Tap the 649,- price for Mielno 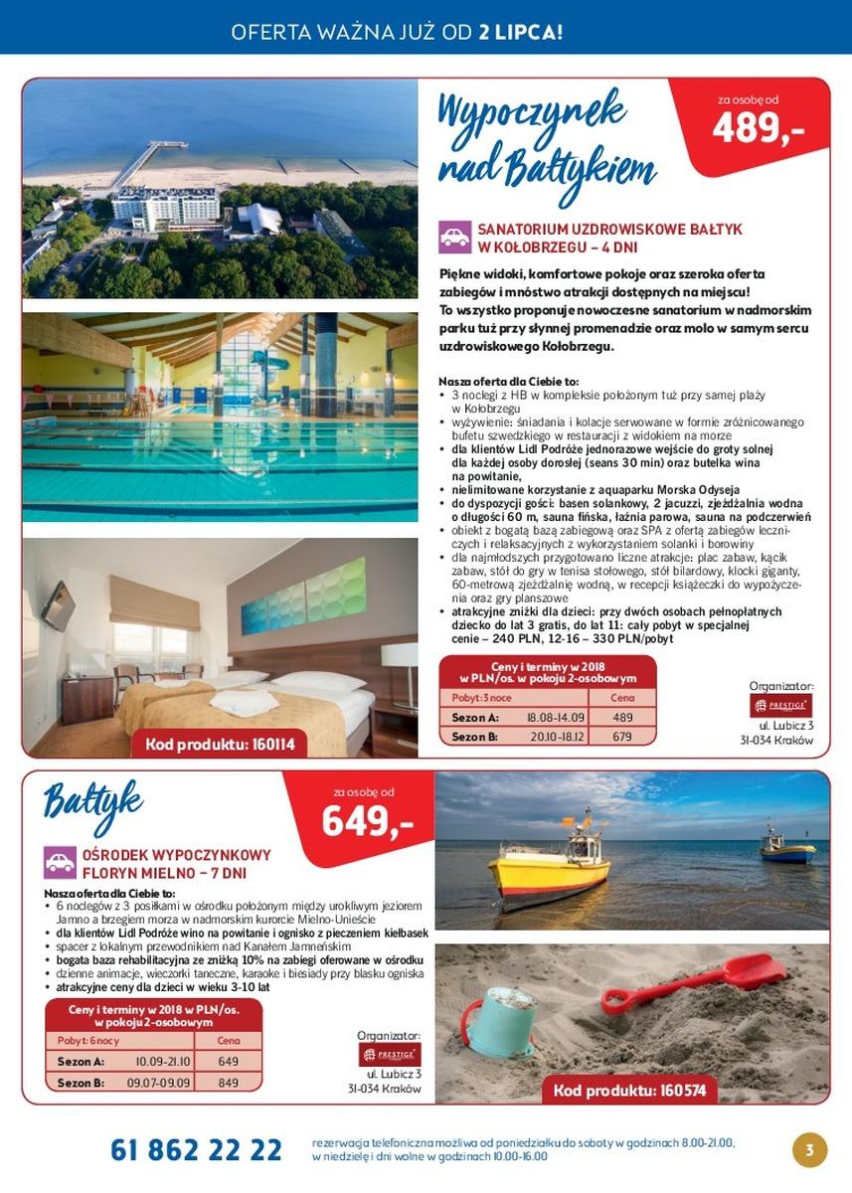(367, 822)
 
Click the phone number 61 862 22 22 (196, 1150)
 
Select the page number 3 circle (809, 1150)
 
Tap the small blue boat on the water (786, 848)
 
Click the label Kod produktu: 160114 (220, 745)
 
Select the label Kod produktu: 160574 (629, 1090)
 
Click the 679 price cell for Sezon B (622, 737)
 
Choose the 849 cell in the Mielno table (228, 1083)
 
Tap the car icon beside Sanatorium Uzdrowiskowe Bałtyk (454, 237)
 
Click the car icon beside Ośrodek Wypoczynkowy (61, 862)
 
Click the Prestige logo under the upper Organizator (780, 705)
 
